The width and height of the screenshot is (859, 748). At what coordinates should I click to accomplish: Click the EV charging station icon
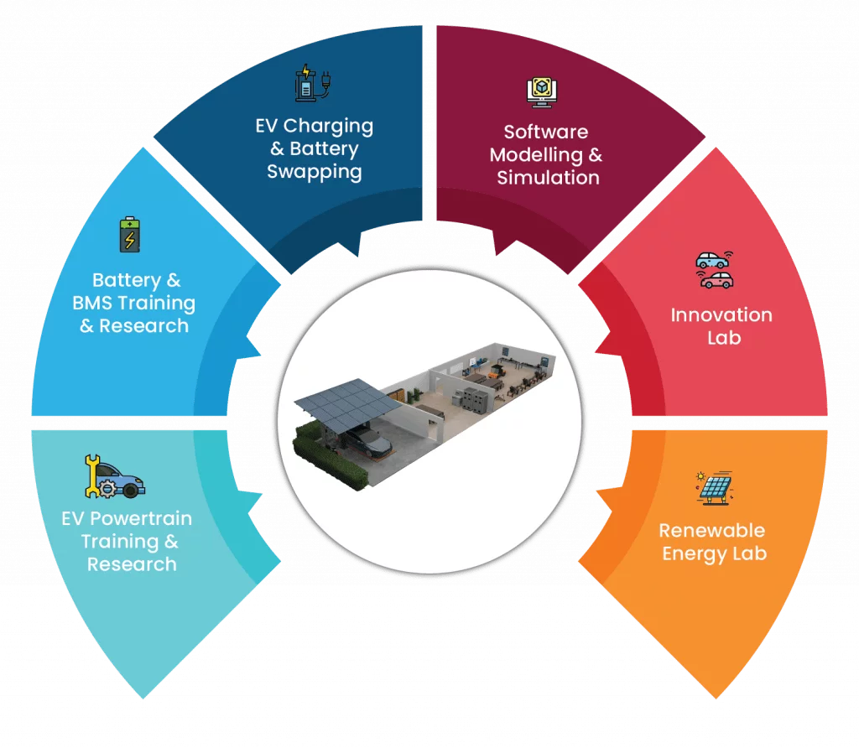[312, 83]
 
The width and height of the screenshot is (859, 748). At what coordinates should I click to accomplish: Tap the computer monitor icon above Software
[542, 91]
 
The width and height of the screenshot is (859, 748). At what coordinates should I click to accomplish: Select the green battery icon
[130, 235]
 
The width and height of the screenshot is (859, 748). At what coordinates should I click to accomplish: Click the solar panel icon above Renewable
[715, 487]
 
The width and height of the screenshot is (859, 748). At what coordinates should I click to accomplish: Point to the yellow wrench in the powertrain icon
[92, 475]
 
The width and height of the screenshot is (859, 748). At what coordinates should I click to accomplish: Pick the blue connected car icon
[713, 260]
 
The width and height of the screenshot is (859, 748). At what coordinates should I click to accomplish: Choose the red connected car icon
[716, 280]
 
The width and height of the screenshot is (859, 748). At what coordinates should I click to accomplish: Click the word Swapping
[315, 172]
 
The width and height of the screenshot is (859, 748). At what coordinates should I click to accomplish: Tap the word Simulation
[549, 178]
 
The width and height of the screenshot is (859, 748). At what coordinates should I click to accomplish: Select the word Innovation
[721, 314]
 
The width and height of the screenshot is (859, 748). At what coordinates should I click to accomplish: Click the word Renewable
[711, 530]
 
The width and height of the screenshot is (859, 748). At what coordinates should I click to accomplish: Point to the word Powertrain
[141, 518]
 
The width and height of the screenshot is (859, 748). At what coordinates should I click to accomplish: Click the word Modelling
[536, 155]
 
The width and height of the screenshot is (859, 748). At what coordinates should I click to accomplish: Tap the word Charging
[328, 127]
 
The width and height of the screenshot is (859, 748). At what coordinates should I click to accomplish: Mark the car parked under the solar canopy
[367, 441]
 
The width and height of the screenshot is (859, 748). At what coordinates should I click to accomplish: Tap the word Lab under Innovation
[724, 338]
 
